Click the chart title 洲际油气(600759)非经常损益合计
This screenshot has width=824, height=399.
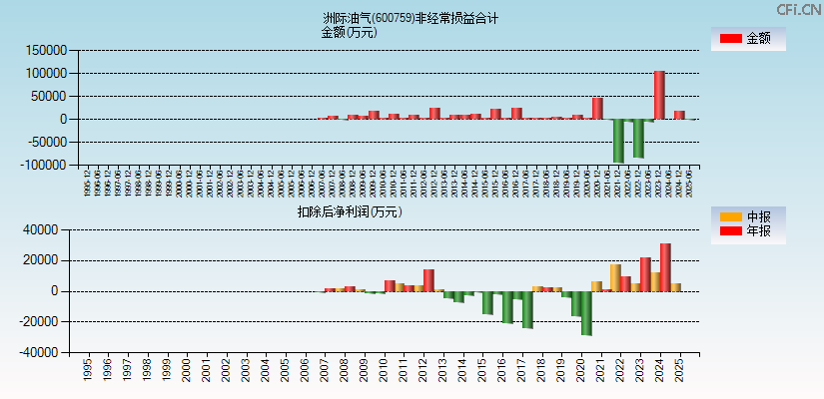(411, 18)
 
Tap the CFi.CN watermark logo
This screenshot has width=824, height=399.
(800, 10)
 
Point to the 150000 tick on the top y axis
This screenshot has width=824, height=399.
(45, 50)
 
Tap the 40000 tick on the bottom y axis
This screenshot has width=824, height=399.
(48, 230)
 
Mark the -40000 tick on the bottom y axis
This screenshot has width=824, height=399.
(46, 352)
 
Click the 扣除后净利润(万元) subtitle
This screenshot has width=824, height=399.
(350, 211)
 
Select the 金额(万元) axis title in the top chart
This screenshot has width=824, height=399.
(349, 32)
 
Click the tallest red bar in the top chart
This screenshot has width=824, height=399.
(659, 95)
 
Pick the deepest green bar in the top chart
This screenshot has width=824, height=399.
(618, 141)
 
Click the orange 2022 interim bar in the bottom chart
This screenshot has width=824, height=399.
(616, 277)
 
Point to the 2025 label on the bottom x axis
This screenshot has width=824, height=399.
(679, 370)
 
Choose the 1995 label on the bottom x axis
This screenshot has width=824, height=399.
(88, 370)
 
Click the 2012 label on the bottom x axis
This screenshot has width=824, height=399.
(423, 370)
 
